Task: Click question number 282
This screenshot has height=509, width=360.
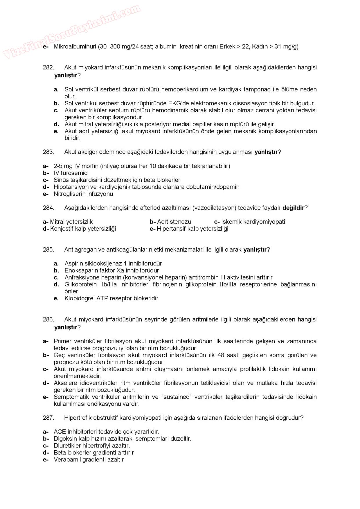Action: point(48,68)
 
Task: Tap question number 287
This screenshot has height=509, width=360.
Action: point(48,418)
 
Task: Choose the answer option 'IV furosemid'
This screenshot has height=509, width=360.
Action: point(71,173)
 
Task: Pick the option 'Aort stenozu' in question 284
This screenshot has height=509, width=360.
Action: point(174,222)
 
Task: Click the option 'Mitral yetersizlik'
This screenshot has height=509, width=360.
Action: point(71,222)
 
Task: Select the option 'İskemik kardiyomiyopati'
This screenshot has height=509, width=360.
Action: point(253,222)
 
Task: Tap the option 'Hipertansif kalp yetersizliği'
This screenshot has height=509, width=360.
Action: point(192,229)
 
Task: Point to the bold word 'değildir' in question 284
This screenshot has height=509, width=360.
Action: point(293,208)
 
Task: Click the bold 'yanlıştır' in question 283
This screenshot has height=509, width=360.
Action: point(266,152)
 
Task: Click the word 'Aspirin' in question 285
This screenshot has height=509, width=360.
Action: point(74,263)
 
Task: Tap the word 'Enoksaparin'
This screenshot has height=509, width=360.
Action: point(81,270)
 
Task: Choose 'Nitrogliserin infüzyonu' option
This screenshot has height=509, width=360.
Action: point(83,194)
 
